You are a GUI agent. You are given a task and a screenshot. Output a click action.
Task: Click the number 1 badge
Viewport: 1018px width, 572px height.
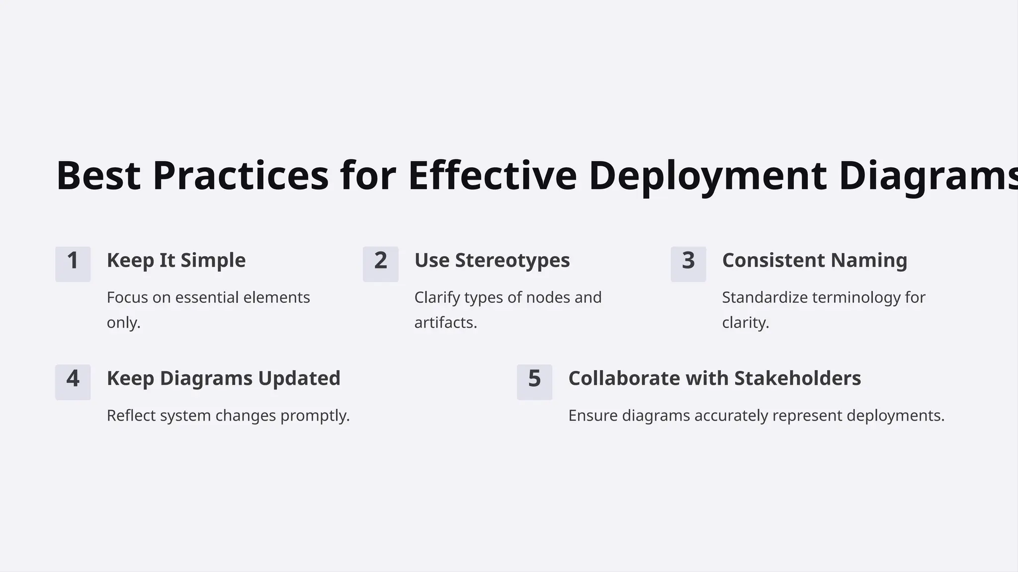coord(73,264)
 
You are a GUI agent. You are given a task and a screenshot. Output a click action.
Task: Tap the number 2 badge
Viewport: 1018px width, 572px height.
coord(380,264)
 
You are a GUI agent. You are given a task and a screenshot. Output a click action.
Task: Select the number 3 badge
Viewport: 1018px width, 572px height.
coord(688,264)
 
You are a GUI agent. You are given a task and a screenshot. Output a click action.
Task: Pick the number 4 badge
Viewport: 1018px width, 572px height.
coord(73,382)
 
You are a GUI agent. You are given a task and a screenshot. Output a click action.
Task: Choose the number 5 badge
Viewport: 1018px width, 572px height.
coord(534,382)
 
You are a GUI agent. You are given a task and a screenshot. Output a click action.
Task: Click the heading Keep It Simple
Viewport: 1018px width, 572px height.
coord(176,261)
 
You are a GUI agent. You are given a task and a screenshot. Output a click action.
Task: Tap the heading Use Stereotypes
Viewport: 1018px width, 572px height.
coord(492,261)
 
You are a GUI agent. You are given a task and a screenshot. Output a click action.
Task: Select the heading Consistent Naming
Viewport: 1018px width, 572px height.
coord(814,261)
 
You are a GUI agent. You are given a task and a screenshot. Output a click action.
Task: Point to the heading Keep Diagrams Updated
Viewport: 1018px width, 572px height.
coord(223,378)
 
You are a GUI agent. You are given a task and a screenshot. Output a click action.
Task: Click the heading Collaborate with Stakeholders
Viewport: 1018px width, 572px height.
coord(714,378)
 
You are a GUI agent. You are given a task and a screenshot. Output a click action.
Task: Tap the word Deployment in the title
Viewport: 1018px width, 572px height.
coord(708,176)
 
